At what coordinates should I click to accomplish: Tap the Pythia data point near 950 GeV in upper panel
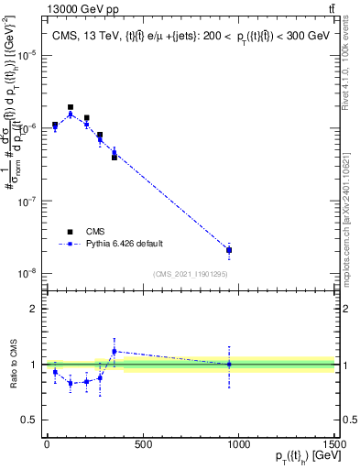(x=229, y=249)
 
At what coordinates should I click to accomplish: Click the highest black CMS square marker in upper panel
(x=71, y=107)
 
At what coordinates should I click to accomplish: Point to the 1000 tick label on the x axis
(x=238, y=444)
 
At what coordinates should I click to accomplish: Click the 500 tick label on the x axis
(x=142, y=444)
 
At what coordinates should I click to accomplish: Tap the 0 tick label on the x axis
(x=47, y=444)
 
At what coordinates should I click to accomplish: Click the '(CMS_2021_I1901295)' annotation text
(x=191, y=274)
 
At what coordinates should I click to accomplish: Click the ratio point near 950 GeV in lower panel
(x=229, y=364)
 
